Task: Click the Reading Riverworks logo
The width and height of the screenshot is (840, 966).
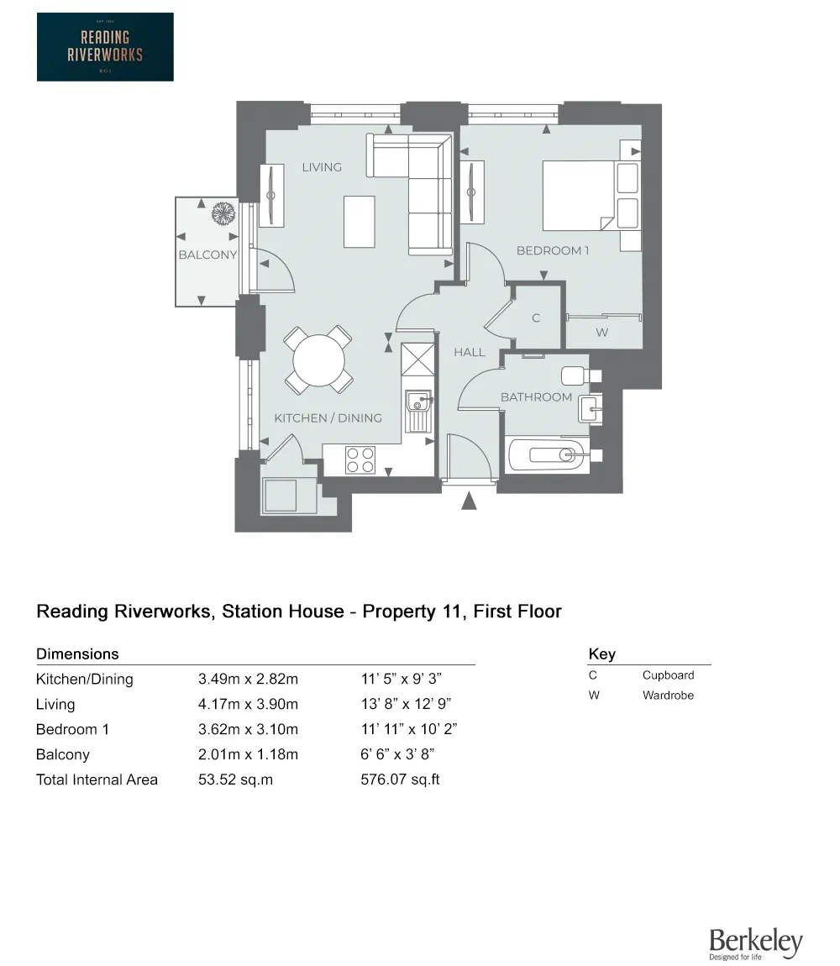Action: click(x=105, y=47)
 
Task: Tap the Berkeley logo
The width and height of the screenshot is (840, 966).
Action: click(x=755, y=943)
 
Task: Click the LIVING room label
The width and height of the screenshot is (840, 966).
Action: click(x=322, y=167)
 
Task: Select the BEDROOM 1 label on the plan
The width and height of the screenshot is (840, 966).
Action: click(x=553, y=250)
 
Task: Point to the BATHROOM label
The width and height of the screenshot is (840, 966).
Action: click(x=536, y=396)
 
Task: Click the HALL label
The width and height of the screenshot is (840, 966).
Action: click(x=470, y=352)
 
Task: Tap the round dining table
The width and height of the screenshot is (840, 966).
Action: click(x=318, y=360)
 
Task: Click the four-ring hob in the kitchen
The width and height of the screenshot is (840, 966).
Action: click(x=360, y=460)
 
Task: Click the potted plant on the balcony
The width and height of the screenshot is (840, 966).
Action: click(x=223, y=213)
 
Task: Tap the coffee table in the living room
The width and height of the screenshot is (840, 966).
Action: click(x=360, y=221)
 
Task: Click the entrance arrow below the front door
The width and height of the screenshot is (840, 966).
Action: click(x=469, y=501)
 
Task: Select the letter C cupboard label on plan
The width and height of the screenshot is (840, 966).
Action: click(x=536, y=318)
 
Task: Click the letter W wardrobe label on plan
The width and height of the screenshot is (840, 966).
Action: click(x=601, y=333)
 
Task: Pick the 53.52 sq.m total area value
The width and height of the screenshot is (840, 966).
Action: click(x=235, y=780)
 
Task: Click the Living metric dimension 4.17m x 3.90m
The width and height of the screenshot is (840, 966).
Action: click(x=248, y=704)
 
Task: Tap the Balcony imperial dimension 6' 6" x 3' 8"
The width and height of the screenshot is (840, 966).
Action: click(x=396, y=754)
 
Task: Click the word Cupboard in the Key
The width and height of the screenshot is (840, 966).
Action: click(x=668, y=675)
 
